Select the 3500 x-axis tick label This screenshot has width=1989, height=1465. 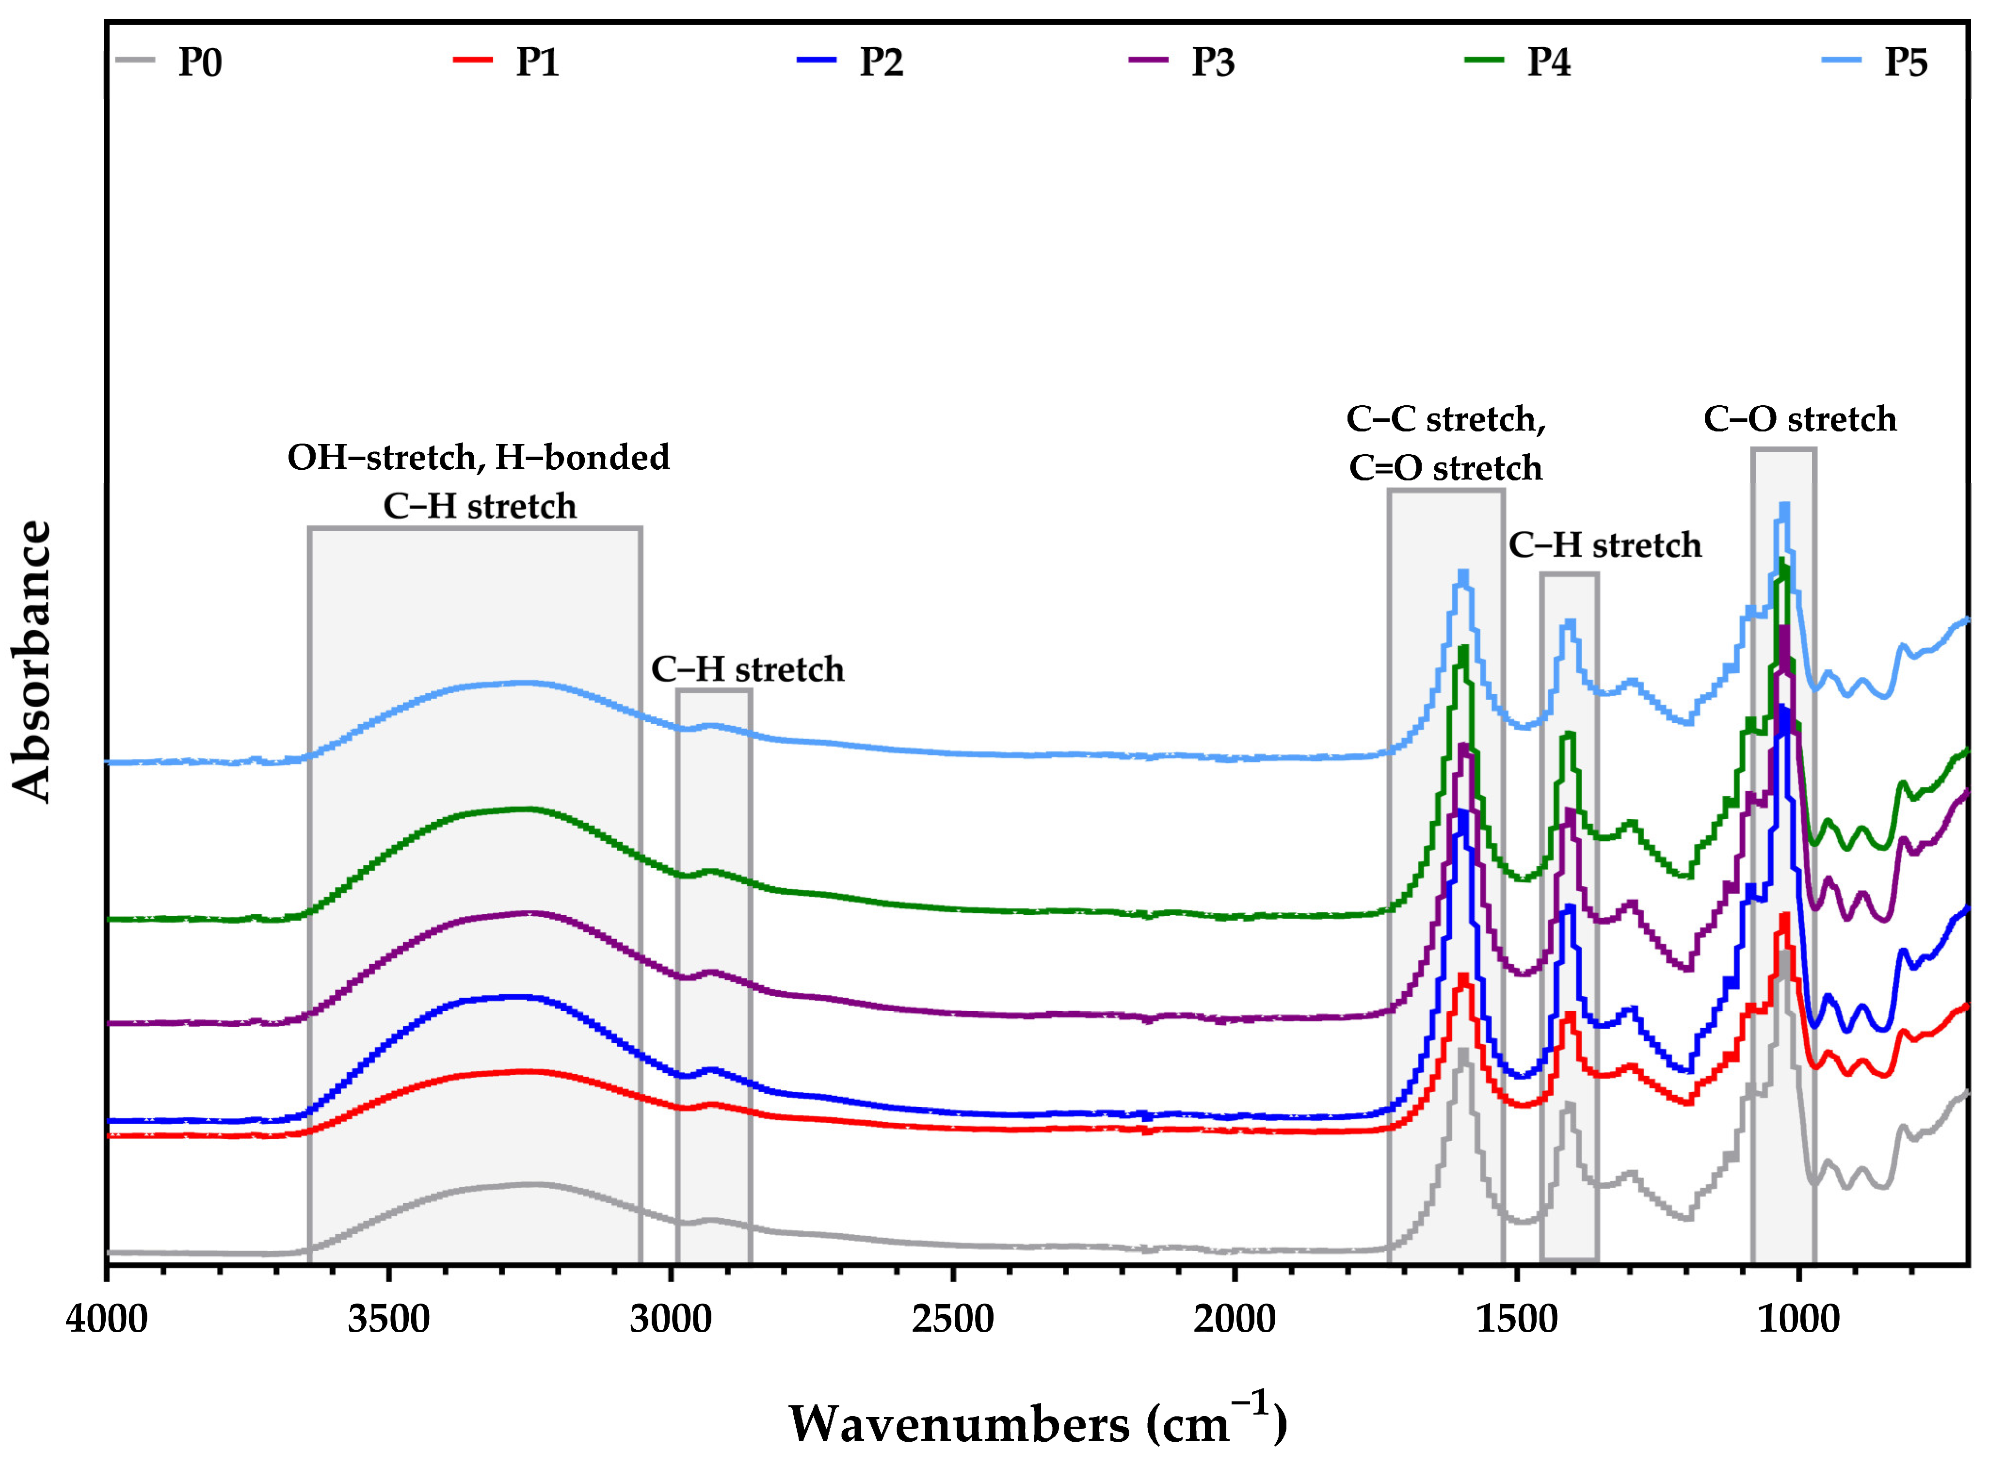click(x=388, y=1320)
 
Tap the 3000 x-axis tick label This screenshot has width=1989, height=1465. click(x=671, y=1320)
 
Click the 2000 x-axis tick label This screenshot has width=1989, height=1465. click(x=1235, y=1320)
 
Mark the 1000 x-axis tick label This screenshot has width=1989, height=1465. click(x=1798, y=1320)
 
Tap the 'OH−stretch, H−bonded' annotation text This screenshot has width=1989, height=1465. click(x=479, y=458)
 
